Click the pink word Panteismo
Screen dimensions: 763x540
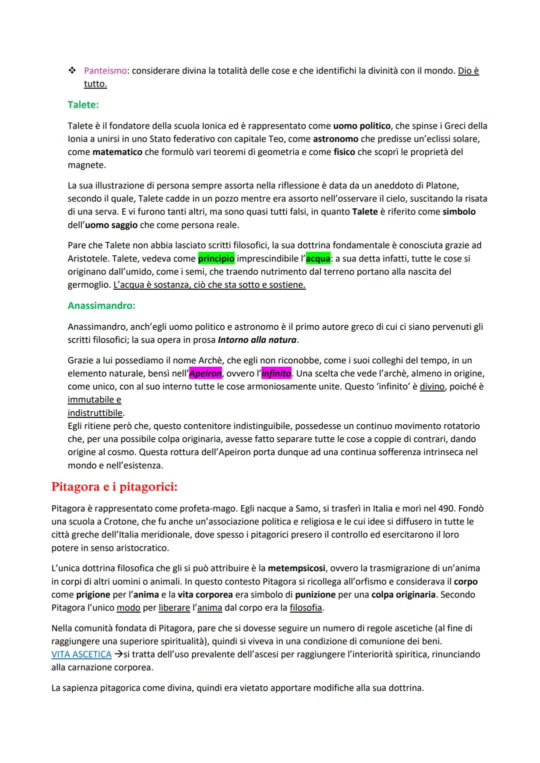(x=105, y=71)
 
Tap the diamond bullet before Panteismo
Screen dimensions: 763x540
(x=71, y=71)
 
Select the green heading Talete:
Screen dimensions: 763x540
(x=83, y=104)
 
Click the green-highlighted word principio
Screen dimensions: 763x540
(x=216, y=259)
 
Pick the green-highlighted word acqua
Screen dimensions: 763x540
(x=318, y=259)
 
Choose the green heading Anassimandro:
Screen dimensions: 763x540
(x=101, y=305)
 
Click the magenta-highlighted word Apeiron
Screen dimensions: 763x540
(x=205, y=374)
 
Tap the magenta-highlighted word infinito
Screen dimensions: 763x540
(x=276, y=374)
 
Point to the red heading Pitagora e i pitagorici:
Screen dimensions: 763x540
(x=114, y=487)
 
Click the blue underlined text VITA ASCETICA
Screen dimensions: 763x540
(x=81, y=655)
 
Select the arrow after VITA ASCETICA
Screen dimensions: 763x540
(x=118, y=655)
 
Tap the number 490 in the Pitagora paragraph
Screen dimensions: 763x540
(x=448, y=509)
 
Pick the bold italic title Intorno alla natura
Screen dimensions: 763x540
(x=257, y=340)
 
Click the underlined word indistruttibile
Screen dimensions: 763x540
(x=95, y=413)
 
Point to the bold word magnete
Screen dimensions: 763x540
(x=85, y=165)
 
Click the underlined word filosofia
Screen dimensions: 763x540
(x=306, y=608)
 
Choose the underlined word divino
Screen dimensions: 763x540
(x=432, y=387)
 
